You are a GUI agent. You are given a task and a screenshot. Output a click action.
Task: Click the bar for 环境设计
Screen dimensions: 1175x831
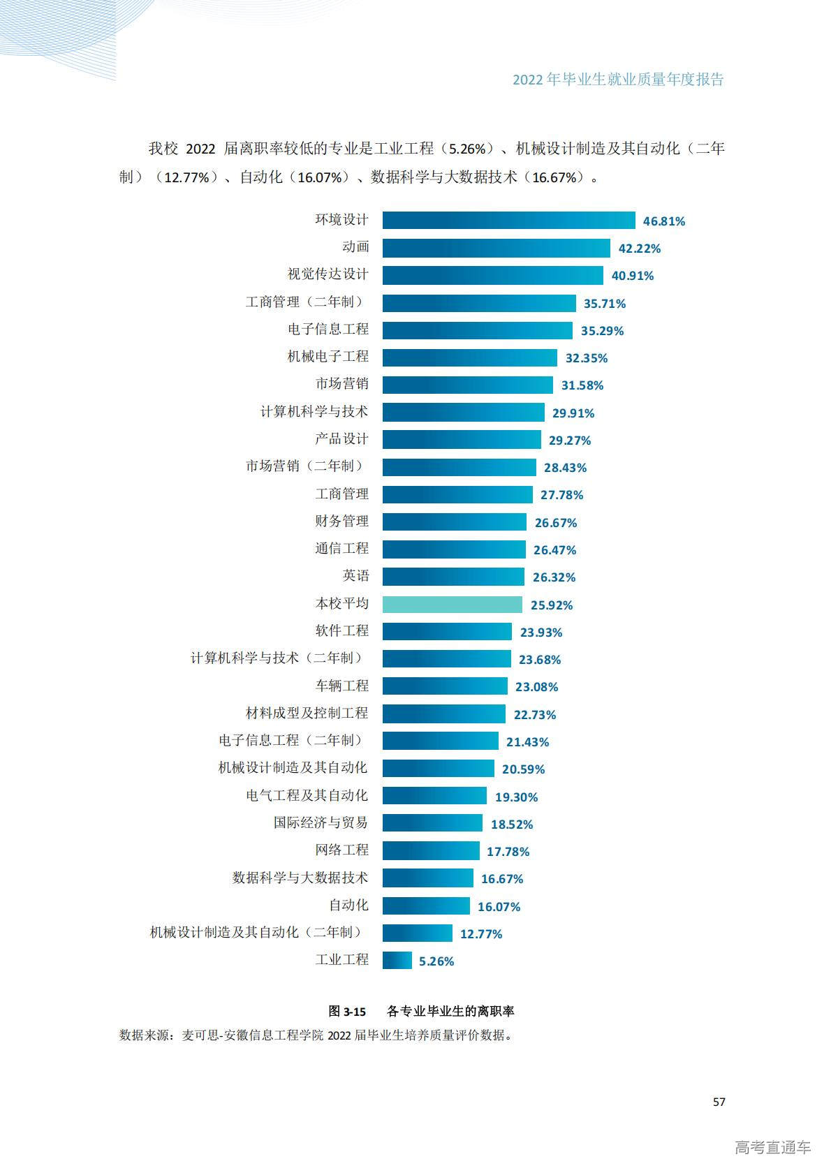[x=508, y=221]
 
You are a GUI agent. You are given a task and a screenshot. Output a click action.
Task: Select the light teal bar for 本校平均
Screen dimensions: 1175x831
[x=452, y=605]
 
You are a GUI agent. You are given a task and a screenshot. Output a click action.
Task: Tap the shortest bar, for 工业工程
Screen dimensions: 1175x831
[x=397, y=961]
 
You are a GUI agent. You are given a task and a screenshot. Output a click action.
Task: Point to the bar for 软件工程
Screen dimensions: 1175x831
[x=447, y=632]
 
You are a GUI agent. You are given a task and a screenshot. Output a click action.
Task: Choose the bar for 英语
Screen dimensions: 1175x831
[x=453, y=577]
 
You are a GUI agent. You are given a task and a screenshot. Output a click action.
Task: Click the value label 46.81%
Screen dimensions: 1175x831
[x=663, y=221]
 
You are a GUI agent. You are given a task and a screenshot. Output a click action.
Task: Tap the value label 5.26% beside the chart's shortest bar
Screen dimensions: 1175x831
[x=436, y=961]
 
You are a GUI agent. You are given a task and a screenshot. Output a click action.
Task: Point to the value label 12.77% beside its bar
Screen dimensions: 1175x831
[x=481, y=934]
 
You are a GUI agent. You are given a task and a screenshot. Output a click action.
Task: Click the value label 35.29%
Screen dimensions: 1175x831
[x=602, y=331]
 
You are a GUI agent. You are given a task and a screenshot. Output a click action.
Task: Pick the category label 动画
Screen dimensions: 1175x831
[x=355, y=247]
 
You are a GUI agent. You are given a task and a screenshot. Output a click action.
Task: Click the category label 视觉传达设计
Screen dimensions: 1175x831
[x=328, y=274]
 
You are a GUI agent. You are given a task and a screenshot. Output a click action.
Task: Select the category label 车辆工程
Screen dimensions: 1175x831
[x=341, y=686]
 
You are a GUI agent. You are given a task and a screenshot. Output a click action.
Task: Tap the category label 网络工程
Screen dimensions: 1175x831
[x=341, y=850]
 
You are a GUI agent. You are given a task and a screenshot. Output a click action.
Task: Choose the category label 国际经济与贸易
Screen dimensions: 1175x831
[x=321, y=822]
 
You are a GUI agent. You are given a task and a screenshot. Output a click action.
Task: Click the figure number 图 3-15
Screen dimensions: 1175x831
[x=347, y=1011]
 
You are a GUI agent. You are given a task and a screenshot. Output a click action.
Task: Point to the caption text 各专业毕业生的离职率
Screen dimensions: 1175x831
[x=450, y=1011]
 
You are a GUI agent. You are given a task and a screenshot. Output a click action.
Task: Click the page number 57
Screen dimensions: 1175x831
[x=719, y=1102]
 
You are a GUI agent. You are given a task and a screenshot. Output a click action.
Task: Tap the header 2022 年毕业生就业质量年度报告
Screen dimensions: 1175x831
[x=618, y=80]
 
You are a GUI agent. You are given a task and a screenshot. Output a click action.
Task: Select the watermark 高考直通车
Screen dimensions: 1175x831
[x=772, y=1147]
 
